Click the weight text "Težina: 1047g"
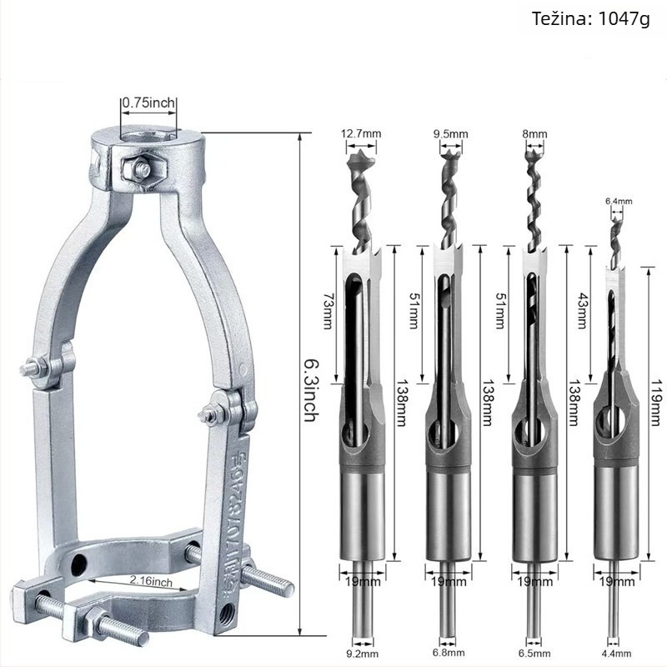pyautogui.click(x=590, y=19)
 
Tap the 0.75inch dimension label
pyautogui.click(x=149, y=103)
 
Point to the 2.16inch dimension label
pyautogui.click(x=151, y=581)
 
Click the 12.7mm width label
pyautogui.click(x=361, y=133)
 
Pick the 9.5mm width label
pyautogui.click(x=450, y=134)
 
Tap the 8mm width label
pyautogui.click(x=534, y=134)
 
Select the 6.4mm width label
pyautogui.click(x=619, y=201)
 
